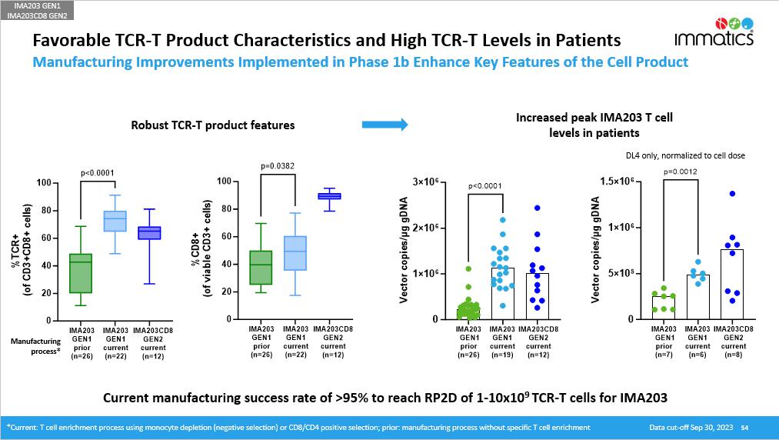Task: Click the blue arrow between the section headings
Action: point(389,123)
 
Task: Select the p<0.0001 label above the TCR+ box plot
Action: point(98,173)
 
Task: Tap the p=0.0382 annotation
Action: point(278,165)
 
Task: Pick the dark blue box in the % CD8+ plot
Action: point(329,196)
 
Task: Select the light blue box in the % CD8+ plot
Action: point(295,253)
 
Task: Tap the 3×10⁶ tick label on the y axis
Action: point(425,182)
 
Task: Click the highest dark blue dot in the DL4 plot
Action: point(732,194)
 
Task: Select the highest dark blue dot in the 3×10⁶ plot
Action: point(538,208)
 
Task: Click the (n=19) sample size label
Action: point(502,355)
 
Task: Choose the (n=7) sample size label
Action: point(663,355)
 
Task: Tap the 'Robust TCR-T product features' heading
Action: point(212,125)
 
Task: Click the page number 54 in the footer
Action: point(744,427)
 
